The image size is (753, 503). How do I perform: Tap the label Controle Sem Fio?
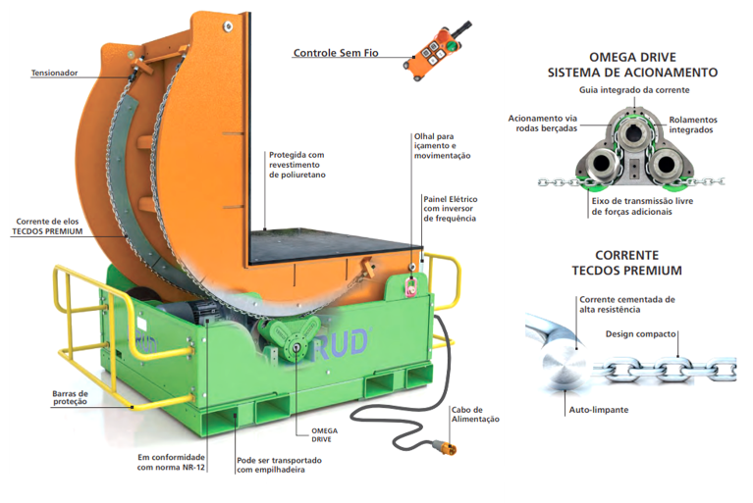coord(336,53)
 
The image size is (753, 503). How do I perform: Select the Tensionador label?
coord(54,73)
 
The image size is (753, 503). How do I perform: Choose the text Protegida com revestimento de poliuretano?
coord(296,164)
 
